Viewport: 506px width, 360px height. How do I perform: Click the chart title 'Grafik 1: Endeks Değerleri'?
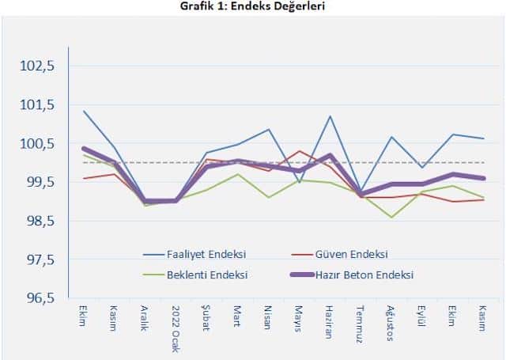252,6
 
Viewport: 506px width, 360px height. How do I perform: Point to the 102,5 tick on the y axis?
37,66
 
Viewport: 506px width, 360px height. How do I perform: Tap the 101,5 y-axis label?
37,104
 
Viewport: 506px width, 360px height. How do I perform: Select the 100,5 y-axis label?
37,143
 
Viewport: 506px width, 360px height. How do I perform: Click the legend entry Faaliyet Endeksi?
206,255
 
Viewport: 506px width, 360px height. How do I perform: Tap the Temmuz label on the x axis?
361,322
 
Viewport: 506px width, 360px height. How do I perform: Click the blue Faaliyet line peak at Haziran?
330,116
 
